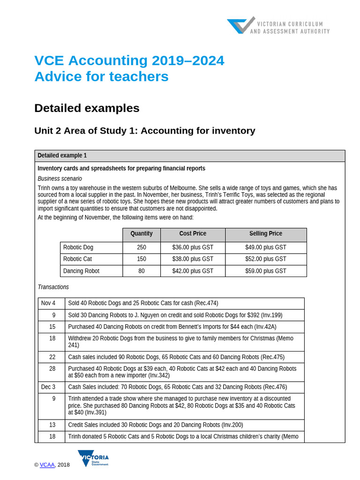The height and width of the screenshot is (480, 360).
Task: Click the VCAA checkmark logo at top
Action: [x=241, y=26]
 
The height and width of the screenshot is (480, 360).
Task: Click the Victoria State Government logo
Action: [x=93, y=458]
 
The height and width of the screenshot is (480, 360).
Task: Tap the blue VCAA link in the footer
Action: [x=47, y=465]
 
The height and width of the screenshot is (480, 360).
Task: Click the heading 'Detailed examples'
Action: [x=87, y=108]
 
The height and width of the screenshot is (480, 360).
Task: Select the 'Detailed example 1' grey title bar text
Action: [x=62, y=156]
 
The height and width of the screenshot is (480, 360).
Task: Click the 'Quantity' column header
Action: [x=141, y=234]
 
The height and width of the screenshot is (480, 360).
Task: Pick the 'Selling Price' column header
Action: [x=265, y=234]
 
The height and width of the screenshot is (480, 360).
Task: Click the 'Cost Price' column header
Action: [x=192, y=234]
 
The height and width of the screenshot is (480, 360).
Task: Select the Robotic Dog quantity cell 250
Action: [x=141, y=247]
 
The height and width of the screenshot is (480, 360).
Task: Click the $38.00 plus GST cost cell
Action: [x=192, y=259]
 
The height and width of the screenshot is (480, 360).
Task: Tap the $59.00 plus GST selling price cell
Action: [x=265, y=271]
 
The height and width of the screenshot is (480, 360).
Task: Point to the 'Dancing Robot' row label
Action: [x=81, y=271]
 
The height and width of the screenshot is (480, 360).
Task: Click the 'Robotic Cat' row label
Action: [x=78, y=259]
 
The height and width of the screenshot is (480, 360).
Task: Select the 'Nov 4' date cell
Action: [x=48, y=303]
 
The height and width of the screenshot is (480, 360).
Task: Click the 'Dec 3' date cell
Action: [x=48, y=387]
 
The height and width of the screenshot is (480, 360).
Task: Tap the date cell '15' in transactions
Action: [x=52, y=327]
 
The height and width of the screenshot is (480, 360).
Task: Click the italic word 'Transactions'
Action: [x=53, y=287]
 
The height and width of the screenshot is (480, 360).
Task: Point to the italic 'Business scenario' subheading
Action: [x=60, y=179]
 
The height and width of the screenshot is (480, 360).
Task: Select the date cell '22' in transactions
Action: [x=52, y=357]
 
